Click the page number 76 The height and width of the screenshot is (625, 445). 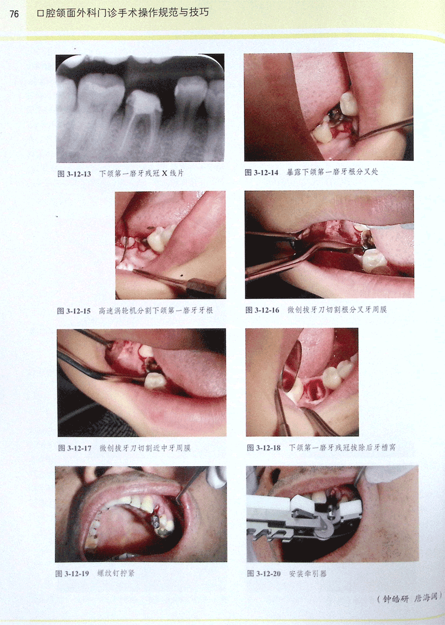coord(14,14)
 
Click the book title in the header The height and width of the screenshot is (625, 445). coord(123,13)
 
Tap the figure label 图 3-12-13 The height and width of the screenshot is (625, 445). coord(74,174)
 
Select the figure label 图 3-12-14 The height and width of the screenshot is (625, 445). coord(261,172)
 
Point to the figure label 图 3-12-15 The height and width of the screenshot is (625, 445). coord(74,311)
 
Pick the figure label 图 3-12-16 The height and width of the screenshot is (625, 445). coord(262,310)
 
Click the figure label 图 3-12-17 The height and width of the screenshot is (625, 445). coord(75,448)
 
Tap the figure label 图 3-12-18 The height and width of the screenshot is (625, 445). coord(264,448)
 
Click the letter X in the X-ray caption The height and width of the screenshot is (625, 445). coord(165,173)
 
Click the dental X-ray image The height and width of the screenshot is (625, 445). coord(140,108)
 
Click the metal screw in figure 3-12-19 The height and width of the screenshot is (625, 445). coord(155,520)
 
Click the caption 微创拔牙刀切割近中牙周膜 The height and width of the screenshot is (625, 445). coord(145,448)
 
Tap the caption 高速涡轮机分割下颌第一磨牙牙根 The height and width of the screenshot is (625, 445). coord(156,311)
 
